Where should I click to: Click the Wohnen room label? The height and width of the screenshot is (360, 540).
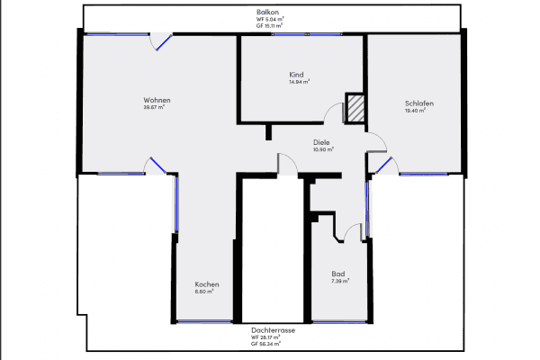tap(157, 99)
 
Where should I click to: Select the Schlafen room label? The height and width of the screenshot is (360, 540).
tap(419, 103)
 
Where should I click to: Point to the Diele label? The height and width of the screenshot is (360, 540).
tap(321, 141)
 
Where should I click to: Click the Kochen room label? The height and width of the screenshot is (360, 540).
tap(206, 284)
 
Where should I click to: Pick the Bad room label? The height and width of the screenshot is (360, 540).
tap(338, 274)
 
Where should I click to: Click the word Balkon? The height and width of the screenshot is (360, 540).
tap(270, 11)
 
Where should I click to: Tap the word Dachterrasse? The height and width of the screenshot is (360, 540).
tap(274, 330)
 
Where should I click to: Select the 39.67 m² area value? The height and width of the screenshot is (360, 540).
tap(156, 107)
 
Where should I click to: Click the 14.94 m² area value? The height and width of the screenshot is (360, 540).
tap(299, 82)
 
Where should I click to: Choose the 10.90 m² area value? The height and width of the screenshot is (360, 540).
tap(323, 149)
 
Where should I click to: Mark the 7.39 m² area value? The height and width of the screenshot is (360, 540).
tap(339, 282)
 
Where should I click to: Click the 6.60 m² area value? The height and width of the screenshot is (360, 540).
tap(204, 292)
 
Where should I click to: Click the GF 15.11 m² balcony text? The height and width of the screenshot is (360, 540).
tap(270, 25)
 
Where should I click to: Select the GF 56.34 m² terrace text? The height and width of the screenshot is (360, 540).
tap(274, 345)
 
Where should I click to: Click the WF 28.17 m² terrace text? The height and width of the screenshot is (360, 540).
tap(274, 337)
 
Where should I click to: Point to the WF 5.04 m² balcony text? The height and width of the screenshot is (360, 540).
tap(270, 18)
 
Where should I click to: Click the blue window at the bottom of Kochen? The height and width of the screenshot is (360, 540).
tap(204, 320)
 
